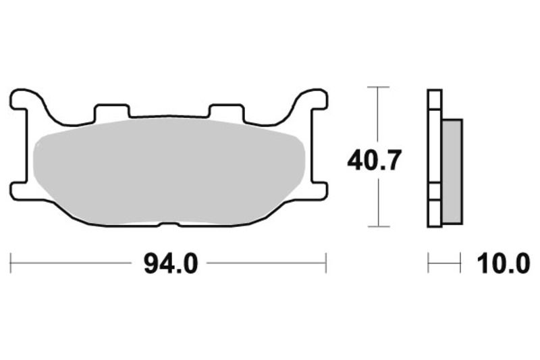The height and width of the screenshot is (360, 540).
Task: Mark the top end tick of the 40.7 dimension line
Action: click(378, 87)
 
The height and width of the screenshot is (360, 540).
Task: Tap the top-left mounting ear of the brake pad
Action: click(24, 101)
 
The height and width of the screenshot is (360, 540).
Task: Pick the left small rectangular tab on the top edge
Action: click(111, 111)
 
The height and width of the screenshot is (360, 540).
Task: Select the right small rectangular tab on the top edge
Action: click(226, 111)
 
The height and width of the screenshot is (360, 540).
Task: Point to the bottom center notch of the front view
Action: click(169, 224)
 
